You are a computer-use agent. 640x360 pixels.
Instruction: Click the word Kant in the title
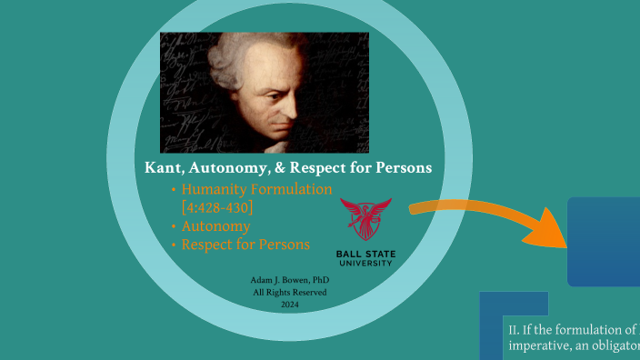[165, 168]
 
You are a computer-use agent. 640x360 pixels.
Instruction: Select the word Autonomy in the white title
[232, 168]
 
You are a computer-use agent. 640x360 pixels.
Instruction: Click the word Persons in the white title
[398, 168]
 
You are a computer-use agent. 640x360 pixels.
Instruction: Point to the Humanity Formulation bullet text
[256, 190]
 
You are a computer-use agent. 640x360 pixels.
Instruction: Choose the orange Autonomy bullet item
[215, 226]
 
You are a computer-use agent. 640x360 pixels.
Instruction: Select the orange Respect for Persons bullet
[245, 245]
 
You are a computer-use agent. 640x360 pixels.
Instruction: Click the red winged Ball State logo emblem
[365, 219]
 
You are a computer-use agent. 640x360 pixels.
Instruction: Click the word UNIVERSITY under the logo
[365, 263]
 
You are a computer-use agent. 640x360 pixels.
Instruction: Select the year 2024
[289, 305]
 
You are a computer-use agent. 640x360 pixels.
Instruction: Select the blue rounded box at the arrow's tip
[605, 241]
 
